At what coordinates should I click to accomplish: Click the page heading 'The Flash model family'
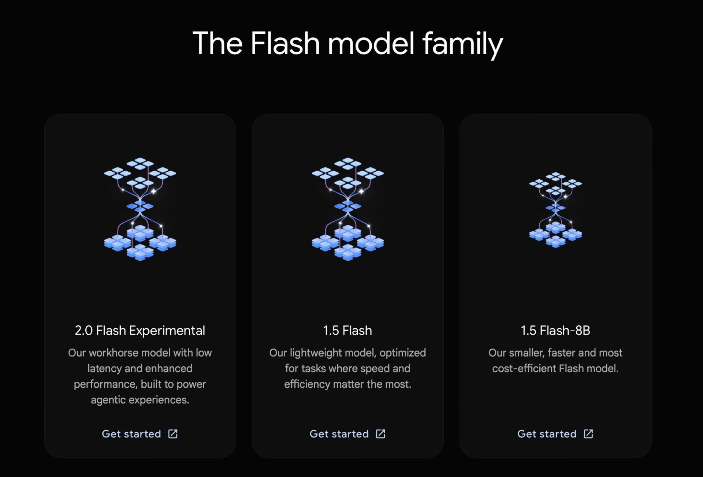[x=348, y=44]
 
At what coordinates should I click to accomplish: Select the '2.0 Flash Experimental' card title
[x=140, y=331]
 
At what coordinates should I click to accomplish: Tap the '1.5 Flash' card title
[x=347, y=331]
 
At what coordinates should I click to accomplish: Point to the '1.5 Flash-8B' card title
[x=555, y=331]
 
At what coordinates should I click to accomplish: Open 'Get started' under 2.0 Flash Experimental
[x=131, y=434]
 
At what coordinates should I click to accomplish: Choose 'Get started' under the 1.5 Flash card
[x=339, y=434]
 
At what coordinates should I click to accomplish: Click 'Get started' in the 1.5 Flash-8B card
[x=547, y=434]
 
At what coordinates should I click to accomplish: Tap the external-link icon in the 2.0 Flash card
[x=173, y=434]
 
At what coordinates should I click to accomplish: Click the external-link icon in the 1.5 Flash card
[x=381, y=434]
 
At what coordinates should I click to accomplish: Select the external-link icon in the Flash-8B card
[x=588, y=434]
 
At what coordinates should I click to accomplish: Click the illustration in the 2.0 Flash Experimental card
[x=140, y=209]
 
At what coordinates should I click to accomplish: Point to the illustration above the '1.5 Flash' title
[x=348, y=209]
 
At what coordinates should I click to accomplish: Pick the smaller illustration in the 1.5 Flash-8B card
[x=555, y=210]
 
